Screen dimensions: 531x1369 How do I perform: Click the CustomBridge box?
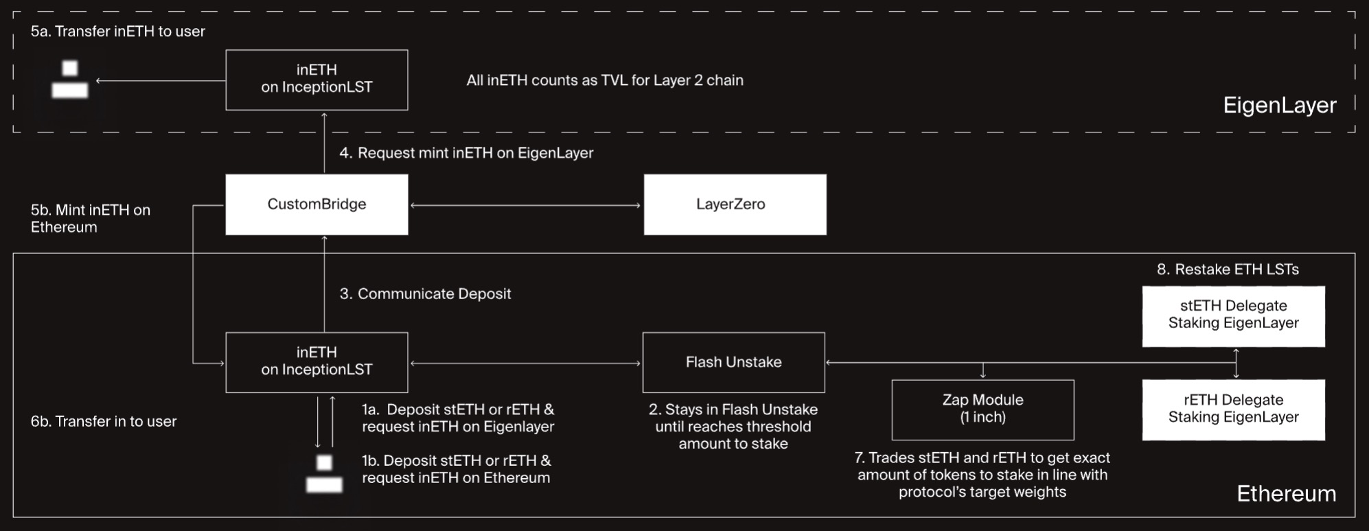click(x=317, y=204)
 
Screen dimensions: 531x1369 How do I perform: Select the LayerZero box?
click(x=735, y=204)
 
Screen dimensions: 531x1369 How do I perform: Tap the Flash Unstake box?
click(x=733, y=362)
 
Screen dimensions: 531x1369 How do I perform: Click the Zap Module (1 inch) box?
click(x=982, y=410)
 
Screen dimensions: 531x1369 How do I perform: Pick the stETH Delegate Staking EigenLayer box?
click(x=1233, y=316)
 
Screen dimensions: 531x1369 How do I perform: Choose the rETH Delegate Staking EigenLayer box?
click(x=1233, y=410)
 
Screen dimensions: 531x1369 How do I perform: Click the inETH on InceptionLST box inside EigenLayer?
click(x=317, y=80)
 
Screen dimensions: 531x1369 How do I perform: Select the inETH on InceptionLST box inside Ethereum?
click(x=317, y=362)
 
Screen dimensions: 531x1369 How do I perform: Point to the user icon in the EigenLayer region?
click(x=70, y=80)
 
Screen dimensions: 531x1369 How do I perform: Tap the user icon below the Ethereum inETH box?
click(x=324, y=474)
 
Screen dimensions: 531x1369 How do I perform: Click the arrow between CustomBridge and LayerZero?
click(x=525, y=205)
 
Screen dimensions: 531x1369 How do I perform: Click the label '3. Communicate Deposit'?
click(x=425, y=294)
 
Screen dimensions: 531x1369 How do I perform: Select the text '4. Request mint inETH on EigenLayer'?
click(x=466, y=153)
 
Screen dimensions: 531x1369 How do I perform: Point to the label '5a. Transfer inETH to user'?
click(x=117, y=32)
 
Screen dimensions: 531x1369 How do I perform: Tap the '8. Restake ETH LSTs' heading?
click(x=1228, y=270)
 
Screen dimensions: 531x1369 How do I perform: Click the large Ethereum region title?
click(x=1286, y=493)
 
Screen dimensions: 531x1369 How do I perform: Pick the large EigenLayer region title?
click(x=1280, y=105)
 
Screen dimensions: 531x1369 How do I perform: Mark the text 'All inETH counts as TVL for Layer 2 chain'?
click(x=604, y=80)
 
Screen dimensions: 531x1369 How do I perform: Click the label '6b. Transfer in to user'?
click(x=104, y=421)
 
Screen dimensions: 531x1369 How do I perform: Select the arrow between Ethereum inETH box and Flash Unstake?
click(x=525, y=363)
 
